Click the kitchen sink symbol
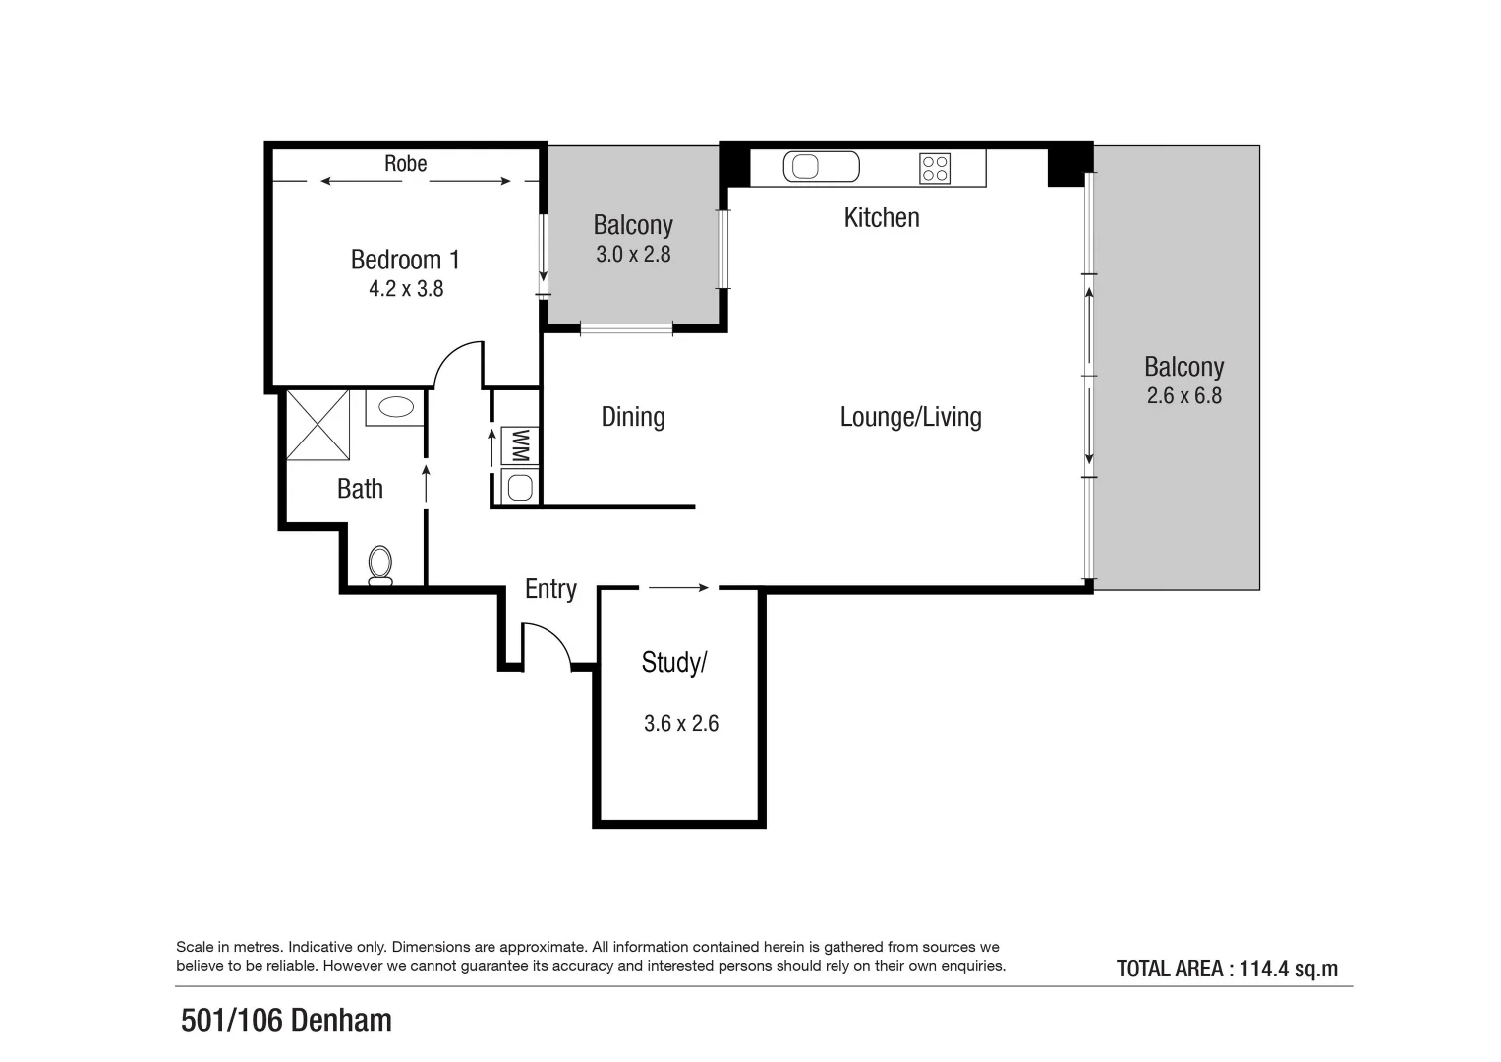point(821,167)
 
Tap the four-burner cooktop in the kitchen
point(935,168)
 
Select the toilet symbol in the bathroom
point(380,565)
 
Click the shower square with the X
point(318,425)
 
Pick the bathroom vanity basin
point(396,407)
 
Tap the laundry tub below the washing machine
point(520,487)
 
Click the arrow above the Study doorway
point(678,588)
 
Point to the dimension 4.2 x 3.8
point(406,289)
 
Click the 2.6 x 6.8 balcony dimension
point(1183,396)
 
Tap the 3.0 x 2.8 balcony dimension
point(633,255)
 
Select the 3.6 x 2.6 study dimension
point(681,724)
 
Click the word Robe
point(405,164)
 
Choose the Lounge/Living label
point(910,417)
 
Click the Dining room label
point(633,417)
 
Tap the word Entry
point(550,589)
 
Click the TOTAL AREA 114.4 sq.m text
point(1226,969)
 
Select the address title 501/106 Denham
point(286,1021)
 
